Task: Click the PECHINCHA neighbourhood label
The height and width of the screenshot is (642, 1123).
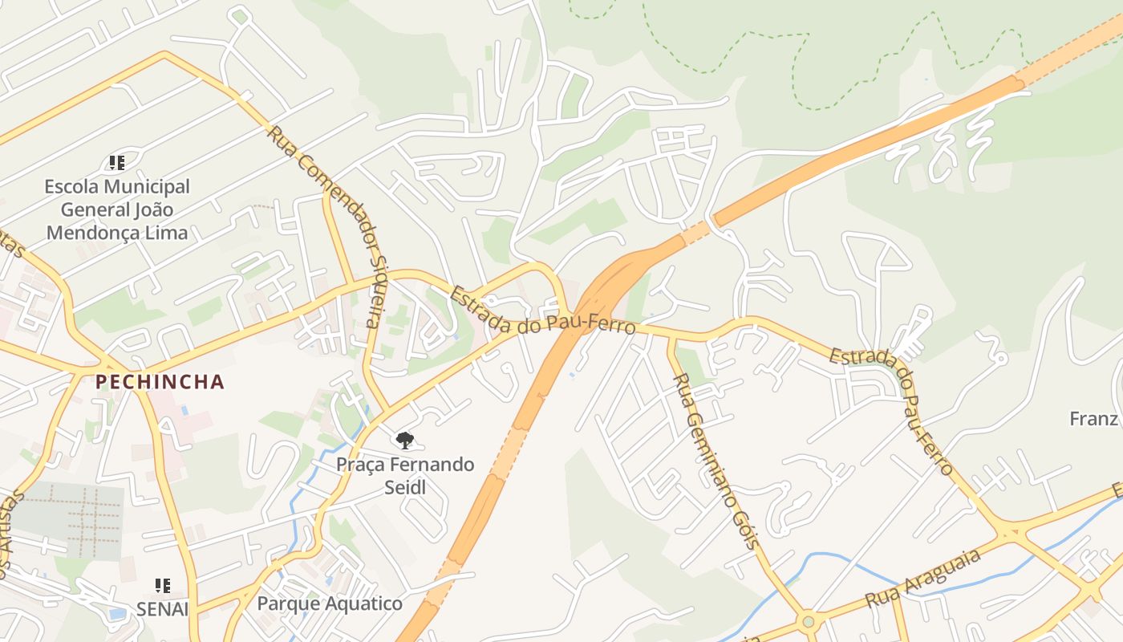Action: [160, 381]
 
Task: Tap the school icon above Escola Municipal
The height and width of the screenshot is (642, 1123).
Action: [118, 163]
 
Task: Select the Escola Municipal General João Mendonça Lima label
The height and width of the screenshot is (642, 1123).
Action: [117, 209]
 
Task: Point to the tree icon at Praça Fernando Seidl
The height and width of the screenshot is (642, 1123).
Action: [405, 440]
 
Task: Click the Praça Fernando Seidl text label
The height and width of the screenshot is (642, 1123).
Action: [405, 475]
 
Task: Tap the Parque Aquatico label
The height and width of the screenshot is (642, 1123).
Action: [330, 603]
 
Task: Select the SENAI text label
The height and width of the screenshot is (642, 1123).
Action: [162, 609]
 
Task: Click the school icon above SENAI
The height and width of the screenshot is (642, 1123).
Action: [163, 586]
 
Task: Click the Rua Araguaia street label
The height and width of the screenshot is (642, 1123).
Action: [924, 579]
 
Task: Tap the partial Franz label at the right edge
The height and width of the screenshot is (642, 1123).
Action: [1094, 418]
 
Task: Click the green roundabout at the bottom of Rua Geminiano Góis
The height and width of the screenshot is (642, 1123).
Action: [808, 621]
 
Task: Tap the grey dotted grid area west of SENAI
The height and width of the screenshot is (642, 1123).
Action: [76, 518]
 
